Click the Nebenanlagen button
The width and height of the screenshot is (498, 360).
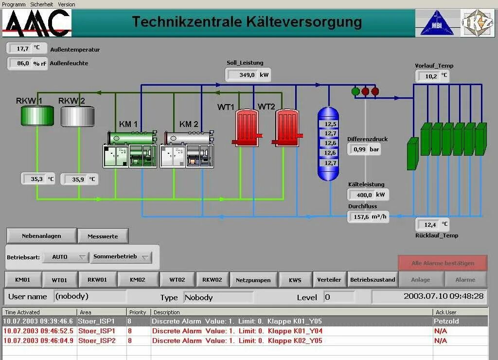pyautogui.click(x=41, y=236)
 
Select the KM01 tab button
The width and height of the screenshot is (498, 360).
pyautogui.click(x=22, y=280)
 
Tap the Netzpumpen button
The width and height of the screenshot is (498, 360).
pyautogui.click(x=253, y=280)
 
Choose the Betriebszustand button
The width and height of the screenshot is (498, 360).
pyautogui.click(x=373, y=280)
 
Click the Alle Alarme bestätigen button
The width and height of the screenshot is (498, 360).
pyautogui.click(x=443, y=263)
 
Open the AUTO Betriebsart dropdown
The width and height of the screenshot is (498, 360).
pyautogui.click(x=65, y=257)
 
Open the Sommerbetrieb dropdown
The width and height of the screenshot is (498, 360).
pyautogui.click(x=121, y=257)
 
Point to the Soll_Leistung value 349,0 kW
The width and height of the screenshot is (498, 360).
pyautogui.click(x=248, y=75)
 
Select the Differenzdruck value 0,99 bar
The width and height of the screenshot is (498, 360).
pyautogui.click(x=364, y=149)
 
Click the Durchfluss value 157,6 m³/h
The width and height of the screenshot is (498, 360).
pyautogui.click(x=368, y=217)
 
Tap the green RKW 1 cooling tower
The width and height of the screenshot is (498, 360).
pyautogui.click(x=37, y=115)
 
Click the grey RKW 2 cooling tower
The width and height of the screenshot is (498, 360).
pyautogui.click(x=77, y=115)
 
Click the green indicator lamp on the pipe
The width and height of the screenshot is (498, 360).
pyautogui.click(x=356, y=91)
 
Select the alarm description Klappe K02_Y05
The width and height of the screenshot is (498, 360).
pyautogui.click(x=237, y=341)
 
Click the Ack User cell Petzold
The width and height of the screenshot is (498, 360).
pyautogui.click(x=446, y=321)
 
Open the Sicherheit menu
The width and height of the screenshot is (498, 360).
pyautogui.click(x=42, y=4)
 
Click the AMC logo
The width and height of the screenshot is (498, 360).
pyautogui.click(x=37, y=23)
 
